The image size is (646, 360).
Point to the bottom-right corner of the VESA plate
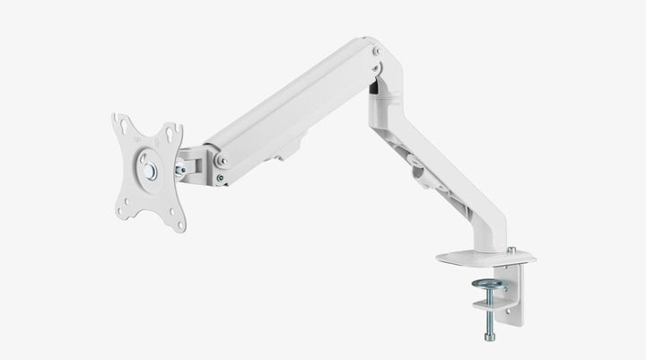tap(177, 214)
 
